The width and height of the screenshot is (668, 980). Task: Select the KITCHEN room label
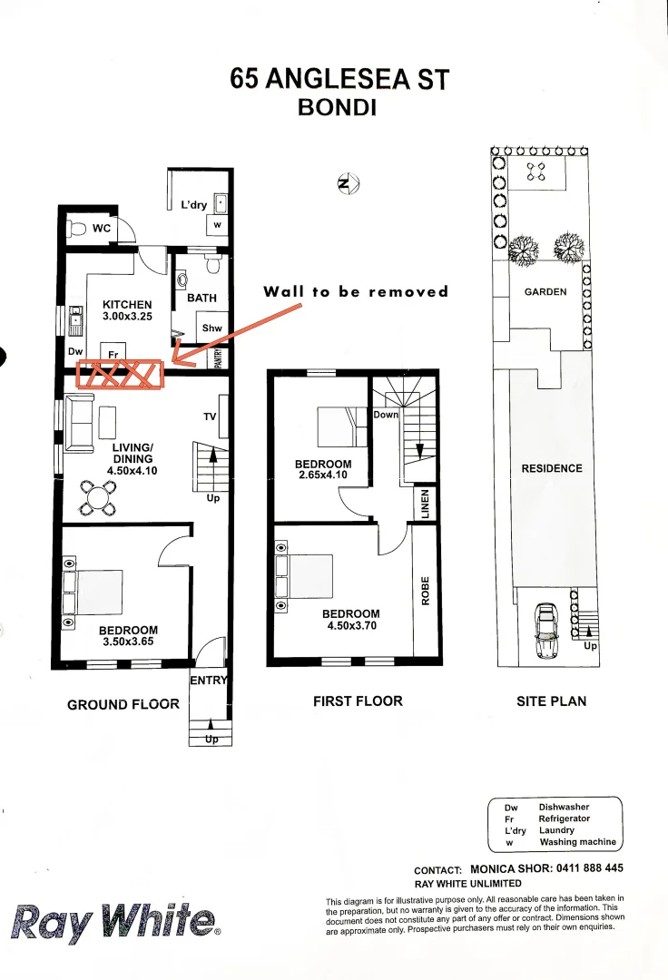127,305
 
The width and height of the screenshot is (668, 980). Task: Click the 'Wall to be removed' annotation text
356,291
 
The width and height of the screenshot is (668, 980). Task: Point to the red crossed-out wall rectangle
120,374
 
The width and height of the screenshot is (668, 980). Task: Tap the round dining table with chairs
97,495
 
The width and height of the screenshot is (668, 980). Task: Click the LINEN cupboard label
425,504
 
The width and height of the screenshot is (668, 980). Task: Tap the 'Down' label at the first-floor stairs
386,415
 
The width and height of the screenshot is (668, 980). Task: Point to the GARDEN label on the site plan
545,292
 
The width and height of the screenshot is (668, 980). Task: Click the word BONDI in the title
338,107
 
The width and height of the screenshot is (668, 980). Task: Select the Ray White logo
114,923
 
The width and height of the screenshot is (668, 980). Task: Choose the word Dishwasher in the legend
564,807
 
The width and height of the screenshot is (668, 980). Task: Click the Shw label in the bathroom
211,328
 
